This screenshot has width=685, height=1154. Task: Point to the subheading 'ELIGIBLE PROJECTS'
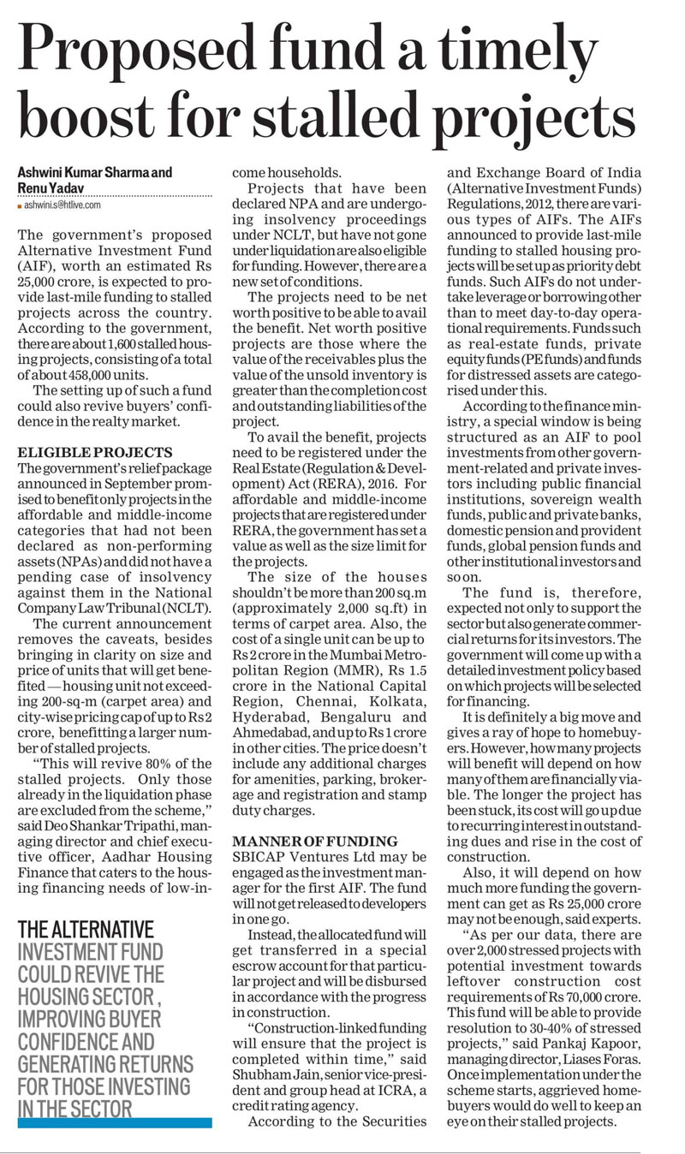(95, 452)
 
